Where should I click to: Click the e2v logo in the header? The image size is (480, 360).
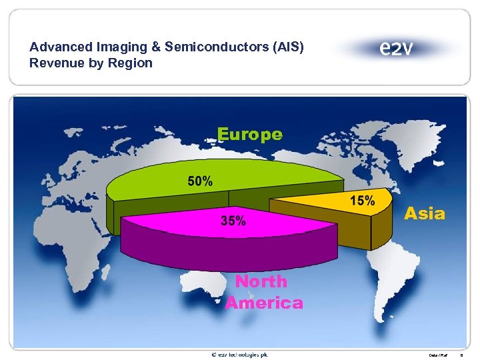tap(396, 48)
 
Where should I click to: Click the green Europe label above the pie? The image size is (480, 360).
tap(250, 134)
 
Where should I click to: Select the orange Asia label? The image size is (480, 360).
tap(425, 213)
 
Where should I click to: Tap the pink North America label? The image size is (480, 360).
tap(263, 292)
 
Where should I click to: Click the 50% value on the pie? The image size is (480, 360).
tap(200, 181)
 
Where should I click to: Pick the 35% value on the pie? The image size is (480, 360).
tap(233, 221)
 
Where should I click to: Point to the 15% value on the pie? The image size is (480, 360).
tap(361, 200)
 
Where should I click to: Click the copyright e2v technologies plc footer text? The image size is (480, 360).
tap(239, 354)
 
